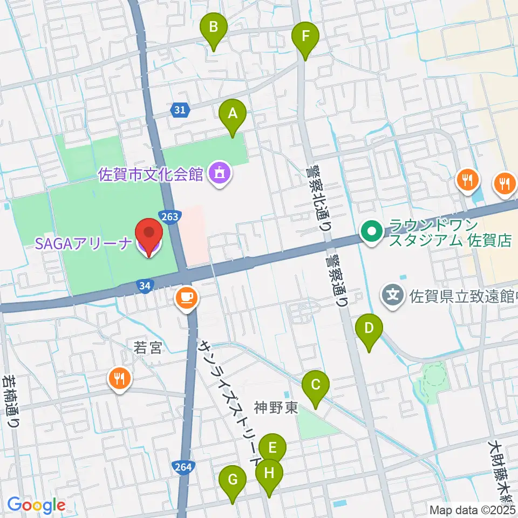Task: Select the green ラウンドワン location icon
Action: pyautogui.click(x=372, y=233)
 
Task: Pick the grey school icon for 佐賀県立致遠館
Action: pyautogui.click(x=394, y=295)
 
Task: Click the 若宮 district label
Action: pyautogui.click(x=147, y=348)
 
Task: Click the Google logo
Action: pyautogui.click(x=36, y=506)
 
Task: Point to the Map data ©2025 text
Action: pyautogui.click(x=473, y=510)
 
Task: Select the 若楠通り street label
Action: pyautogui.click(x=11, y=402)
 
